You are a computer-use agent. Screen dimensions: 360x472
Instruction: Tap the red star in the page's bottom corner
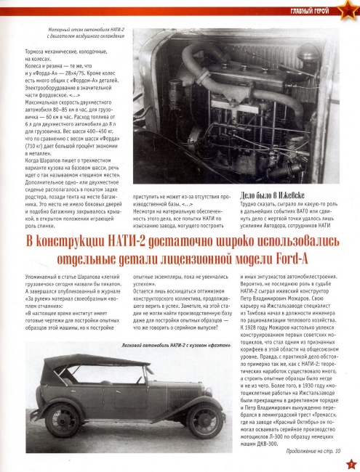pos(351,463)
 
